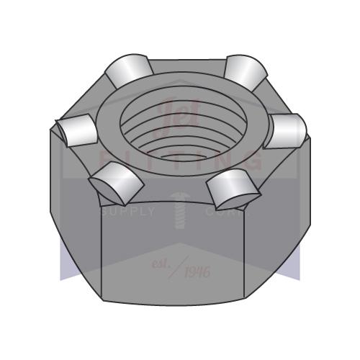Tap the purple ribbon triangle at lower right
[293, 263]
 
